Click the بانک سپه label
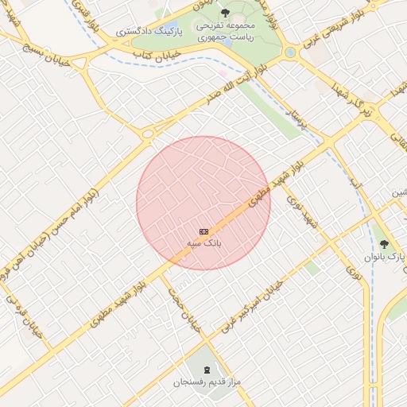pyautogui.click(x=203, y=241)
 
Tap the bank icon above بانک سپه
pyautogui.click(x=203, y=230)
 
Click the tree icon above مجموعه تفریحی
pyautogui.click(x=224, y=13)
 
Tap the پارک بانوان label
pyautogui.click(x=386, y=257)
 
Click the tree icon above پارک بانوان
pyautogui.click(x=386, y=244)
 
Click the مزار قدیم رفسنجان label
pyautogui.click(x=207, y=382)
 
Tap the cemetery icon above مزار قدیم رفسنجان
pyautogui.click(x=207, y=370)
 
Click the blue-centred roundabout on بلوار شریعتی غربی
pyautogui.click(x=290, y=52)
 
